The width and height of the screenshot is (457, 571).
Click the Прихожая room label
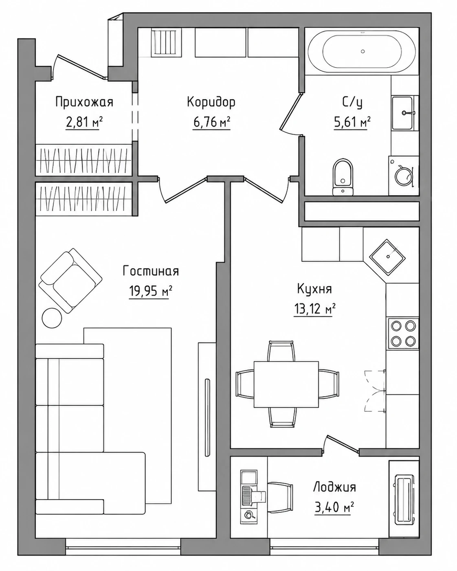(84, 102)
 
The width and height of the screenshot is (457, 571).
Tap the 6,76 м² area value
(211, 123)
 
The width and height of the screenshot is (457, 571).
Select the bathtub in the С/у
(362, 51)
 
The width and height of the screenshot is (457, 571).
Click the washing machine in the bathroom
(404, 176)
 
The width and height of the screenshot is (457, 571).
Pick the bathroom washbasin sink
(403, 113)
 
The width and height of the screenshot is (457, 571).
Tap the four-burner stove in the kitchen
(403, 333)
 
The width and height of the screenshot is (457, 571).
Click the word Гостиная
(151, 271)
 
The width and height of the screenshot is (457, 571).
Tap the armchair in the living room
(70, 281)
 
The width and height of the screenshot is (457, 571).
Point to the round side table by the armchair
(52, 318)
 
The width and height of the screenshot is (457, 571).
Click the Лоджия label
(334, 487)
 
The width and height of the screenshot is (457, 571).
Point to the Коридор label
(211, 102)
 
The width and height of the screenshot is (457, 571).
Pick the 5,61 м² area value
(352, 123)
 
